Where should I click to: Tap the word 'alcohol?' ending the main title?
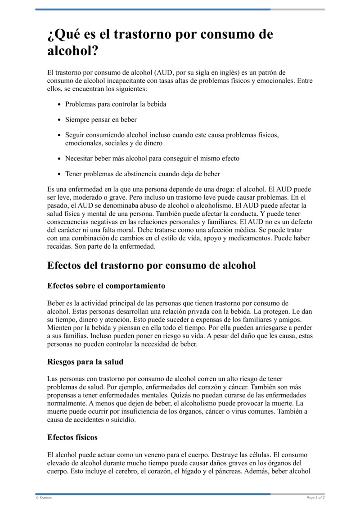coord(73,51)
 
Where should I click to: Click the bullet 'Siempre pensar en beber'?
coord(101,120)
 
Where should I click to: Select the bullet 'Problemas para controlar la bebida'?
coord(116,104)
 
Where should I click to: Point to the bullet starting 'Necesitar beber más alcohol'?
coord(152,158)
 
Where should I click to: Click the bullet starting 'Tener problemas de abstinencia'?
coord(142,174)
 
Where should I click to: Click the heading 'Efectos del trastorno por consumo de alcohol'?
coord(151,265)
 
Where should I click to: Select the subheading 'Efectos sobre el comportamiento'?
coord(106,286)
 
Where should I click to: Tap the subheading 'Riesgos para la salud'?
coord(85,361)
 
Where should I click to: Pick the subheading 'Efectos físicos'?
coord(72,437)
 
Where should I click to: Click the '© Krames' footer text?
coord(44,498)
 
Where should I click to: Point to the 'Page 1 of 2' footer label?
coord(315,498)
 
